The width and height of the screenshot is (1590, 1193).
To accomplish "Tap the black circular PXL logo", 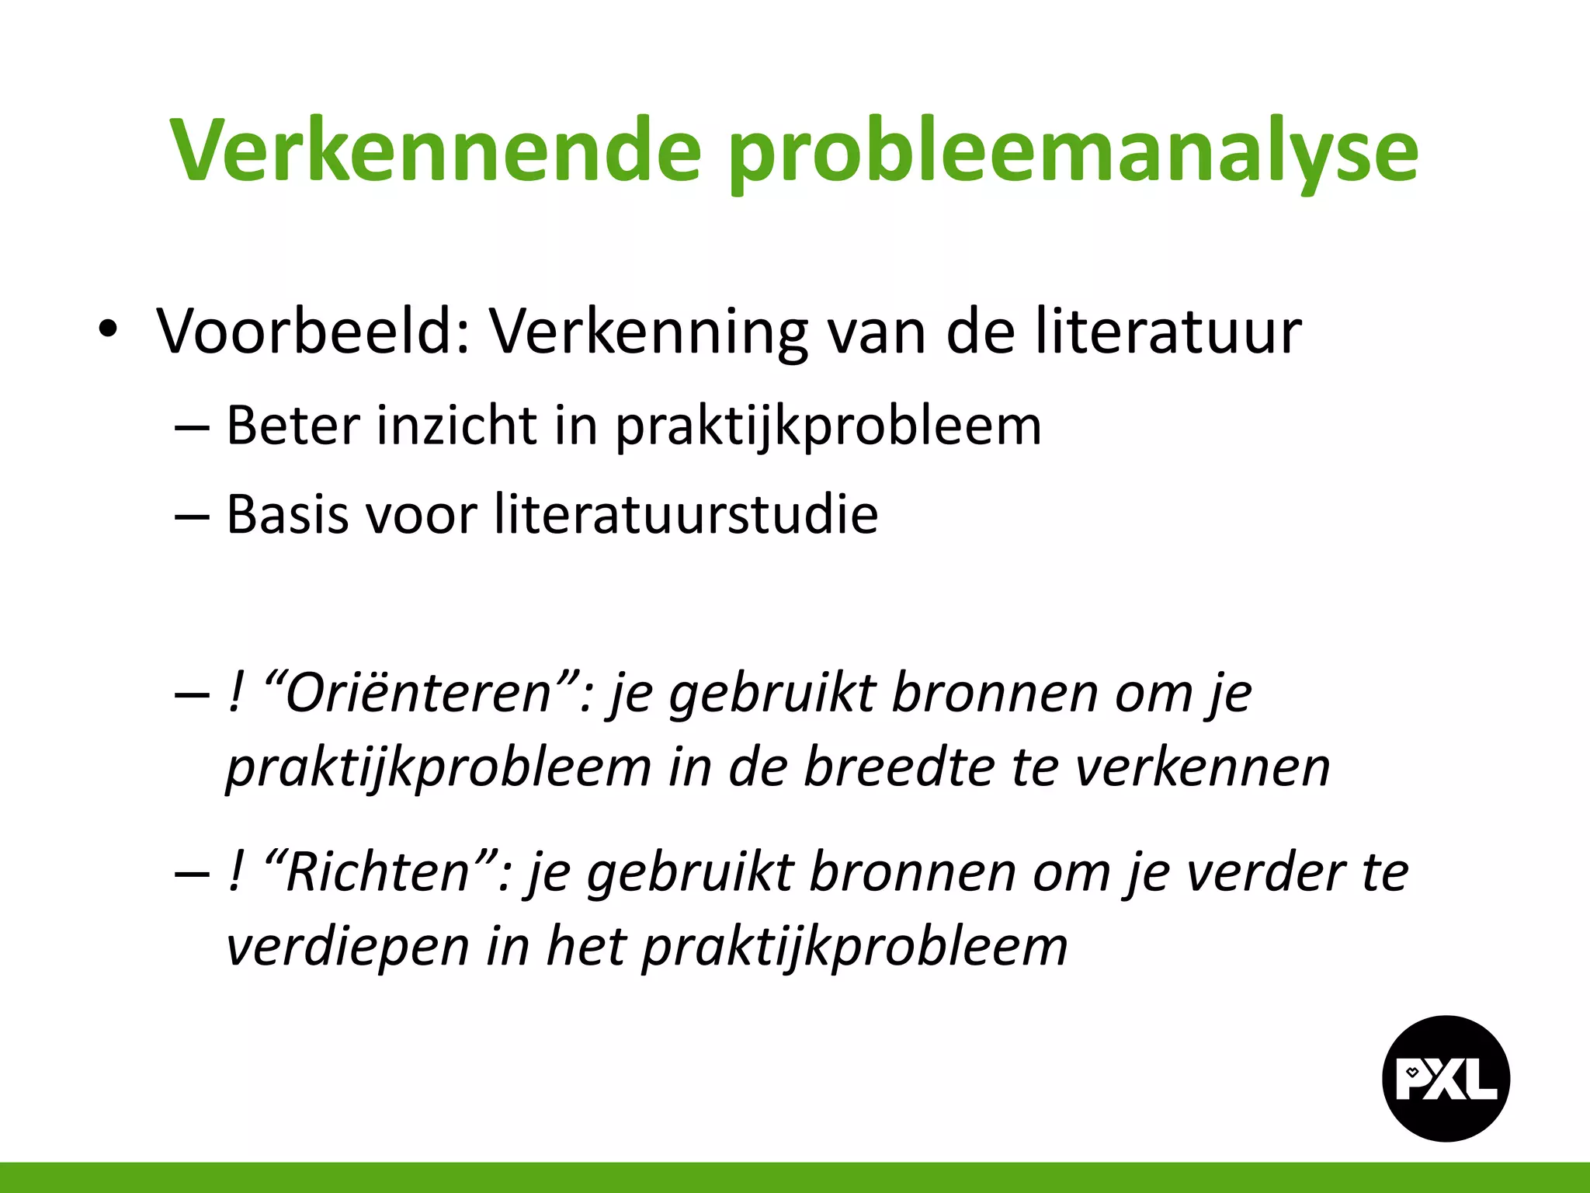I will pyautogui.click(x=1446, y=1078).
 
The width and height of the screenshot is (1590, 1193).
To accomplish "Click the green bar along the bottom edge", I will pyautogui.click(x=795, y=1177).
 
